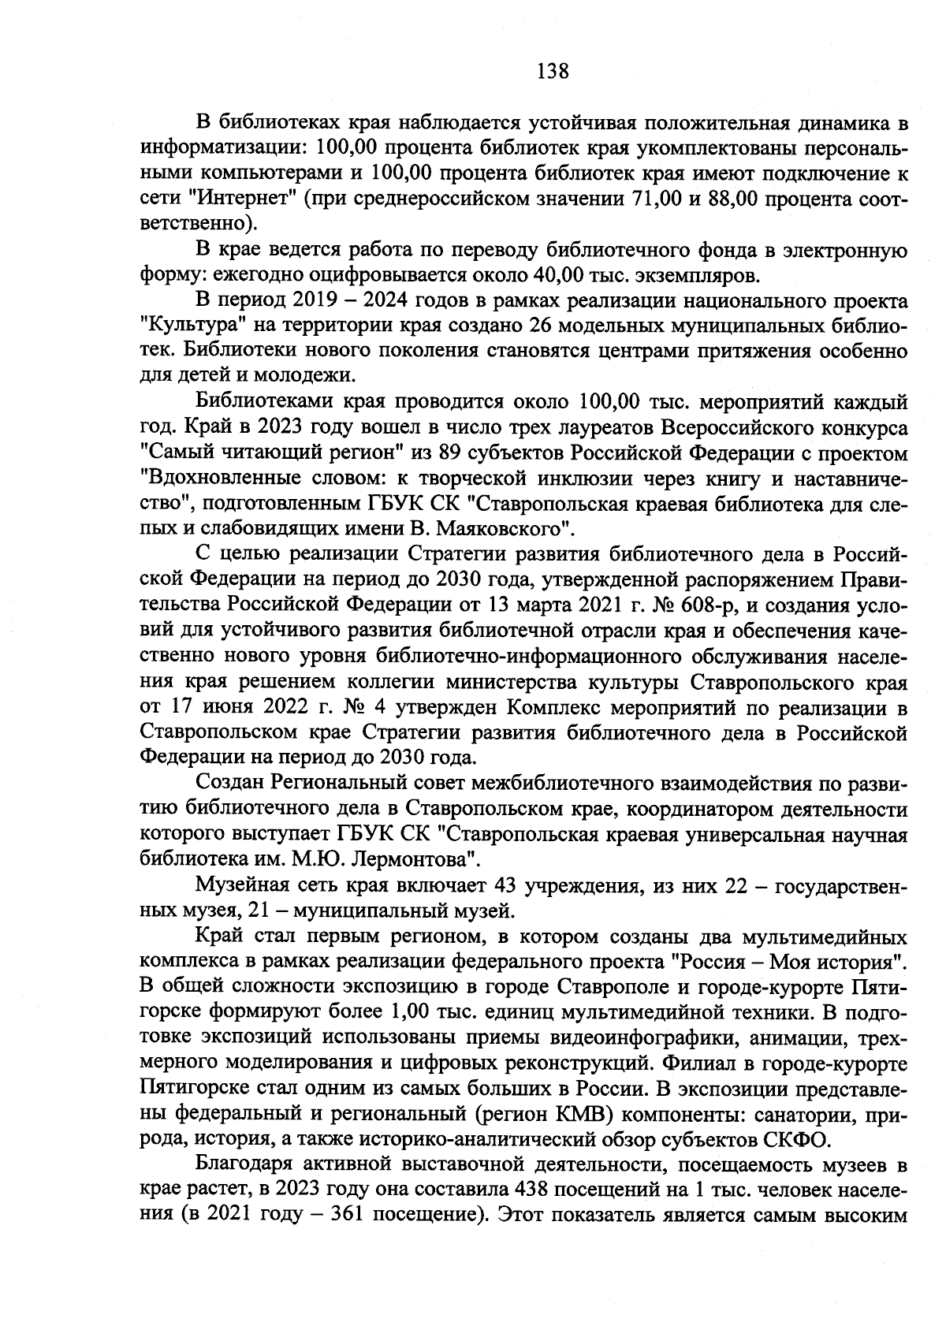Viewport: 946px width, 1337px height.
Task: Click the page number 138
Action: point(551,72)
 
